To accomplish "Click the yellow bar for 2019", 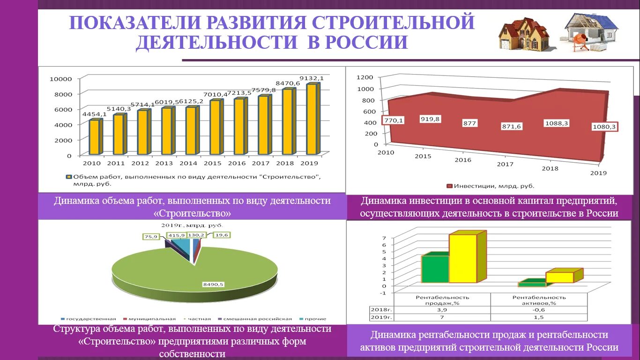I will tap(311, 119).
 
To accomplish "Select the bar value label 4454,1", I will tap(94, 114).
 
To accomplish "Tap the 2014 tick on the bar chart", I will tap(188, 164).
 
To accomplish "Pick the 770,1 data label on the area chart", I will tap(394, 120).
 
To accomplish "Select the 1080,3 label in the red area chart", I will tap(604, 127).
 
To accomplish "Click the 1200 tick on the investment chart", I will tap(365, 77).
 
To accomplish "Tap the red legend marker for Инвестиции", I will tap(450, 186).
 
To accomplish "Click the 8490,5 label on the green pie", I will tap(213, 284).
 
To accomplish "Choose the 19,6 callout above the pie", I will tap(221, 235).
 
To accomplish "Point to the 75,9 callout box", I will tap(151, 237).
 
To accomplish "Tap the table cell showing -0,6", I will tap(539, 310).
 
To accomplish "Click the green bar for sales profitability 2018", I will tap(435, 269).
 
